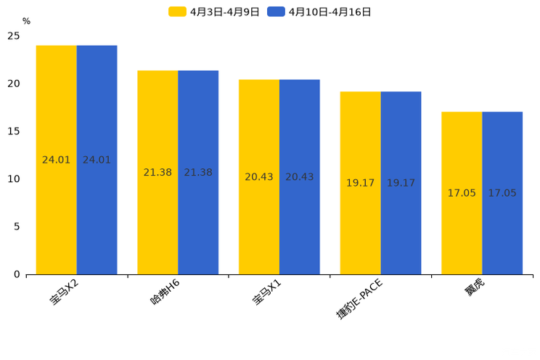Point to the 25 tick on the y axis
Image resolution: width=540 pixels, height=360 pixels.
14,36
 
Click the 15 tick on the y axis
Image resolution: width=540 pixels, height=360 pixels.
14,131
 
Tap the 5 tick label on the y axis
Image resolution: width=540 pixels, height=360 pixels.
17,226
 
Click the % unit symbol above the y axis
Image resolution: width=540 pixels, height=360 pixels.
26,21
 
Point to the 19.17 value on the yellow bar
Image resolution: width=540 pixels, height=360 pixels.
360,183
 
